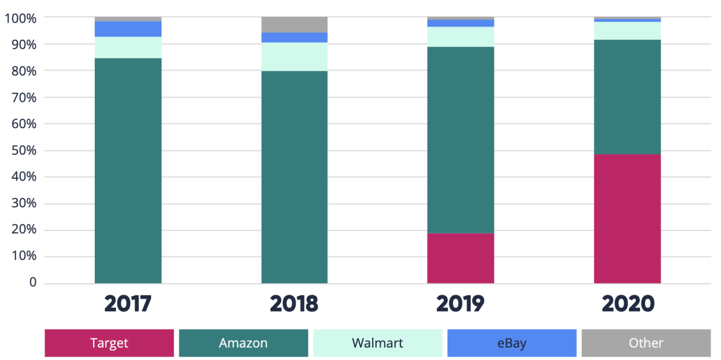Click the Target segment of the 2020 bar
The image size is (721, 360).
tap(627, 219)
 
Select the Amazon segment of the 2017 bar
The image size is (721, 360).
tap(128, 170)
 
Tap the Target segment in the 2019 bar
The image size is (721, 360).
tap(460, 258)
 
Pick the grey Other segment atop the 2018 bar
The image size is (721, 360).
tap(294, 24)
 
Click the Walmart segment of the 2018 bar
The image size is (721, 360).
tap(294, 57)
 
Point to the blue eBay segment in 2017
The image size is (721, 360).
tap(128, 29)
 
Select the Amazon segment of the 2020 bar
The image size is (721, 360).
tap(627, 97)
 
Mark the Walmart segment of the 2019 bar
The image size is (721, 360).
tap(460, 37)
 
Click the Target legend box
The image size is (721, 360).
tap(109, 343)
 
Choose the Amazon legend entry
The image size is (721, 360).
tap(243, 343)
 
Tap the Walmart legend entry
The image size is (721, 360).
tap(377, 343)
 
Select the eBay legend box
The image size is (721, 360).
tap(511, 343)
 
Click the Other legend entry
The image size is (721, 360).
tap(646, 343)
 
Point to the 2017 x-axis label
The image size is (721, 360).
tap(128, 304)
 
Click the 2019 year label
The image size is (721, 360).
tap(460, 304)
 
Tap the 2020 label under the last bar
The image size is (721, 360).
tap(627, 304)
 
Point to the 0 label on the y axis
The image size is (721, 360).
tap(32, 283)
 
